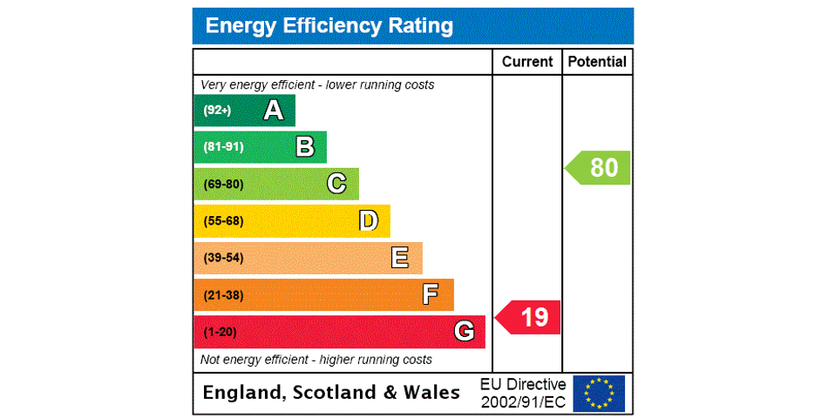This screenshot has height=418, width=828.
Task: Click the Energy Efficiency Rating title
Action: pyautogui.click(x=329, y=26)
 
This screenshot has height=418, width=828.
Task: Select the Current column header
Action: pyautogui.click(x=527, y=62)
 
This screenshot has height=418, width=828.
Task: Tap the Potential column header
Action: pyautogui.click(x=597, y=62)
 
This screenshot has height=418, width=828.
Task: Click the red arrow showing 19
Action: pyautogui.click(x=529, y=317)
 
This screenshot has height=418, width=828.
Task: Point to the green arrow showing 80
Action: pyautogui.click(x=599, y=167)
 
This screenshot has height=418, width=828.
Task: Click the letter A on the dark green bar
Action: pyautogui.click(x=274, y=111)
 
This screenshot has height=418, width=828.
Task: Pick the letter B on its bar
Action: pyautogui.click(x=305, y=147)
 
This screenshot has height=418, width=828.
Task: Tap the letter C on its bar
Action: pyautogui.click(x=336, y=184)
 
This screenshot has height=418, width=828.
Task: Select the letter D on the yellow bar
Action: pyautogui.click(x=369, y=221)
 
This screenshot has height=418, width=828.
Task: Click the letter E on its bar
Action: pyautogui.click(x=400, y=258)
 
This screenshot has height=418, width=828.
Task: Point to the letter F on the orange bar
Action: pyautogui.click(x=431, y=294)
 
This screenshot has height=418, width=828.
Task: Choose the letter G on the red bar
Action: pyautogui.click(x=464, y=331)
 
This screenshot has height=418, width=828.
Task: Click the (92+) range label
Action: pyautogui.click(x=217, y=111)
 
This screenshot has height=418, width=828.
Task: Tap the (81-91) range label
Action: pyautogui.click(x=223, y=147)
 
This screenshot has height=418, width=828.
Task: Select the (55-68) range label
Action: pyautogui.click(x=223, y=221)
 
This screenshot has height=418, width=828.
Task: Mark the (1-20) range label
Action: pyautogui.click(x=220, y=332)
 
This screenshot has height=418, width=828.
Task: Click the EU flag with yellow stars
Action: pyautogui.click(x=599, y=393)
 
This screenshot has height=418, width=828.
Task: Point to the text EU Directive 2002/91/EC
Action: pyautogui.click(x=523, y=393)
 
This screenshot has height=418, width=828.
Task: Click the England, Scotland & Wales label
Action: pyautogui.click(x=331, y=393)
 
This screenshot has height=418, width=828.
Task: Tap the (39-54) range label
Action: pyautogui.click(x=223, y=258)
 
